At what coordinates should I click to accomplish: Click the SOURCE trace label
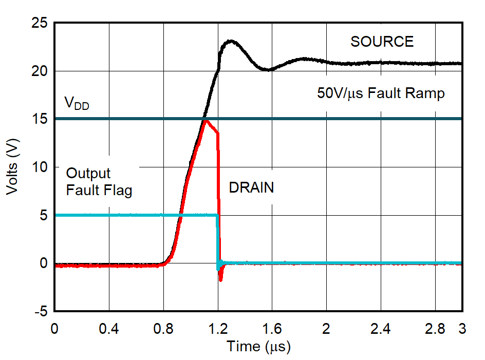(x=382, y=42)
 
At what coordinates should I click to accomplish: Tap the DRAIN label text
(x=251, y=188)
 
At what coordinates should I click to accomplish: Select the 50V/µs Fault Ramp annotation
(x=380, y=94)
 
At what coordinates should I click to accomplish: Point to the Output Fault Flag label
(x=99, y=182)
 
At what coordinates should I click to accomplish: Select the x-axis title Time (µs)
(x=258, y=347)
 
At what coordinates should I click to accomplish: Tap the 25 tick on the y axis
(x=39, y=23)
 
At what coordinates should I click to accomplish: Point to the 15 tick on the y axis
(x=39, y=119)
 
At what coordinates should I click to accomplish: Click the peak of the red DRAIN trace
(x=206, y=121)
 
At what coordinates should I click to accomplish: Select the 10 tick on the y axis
(x=39, y=167)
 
